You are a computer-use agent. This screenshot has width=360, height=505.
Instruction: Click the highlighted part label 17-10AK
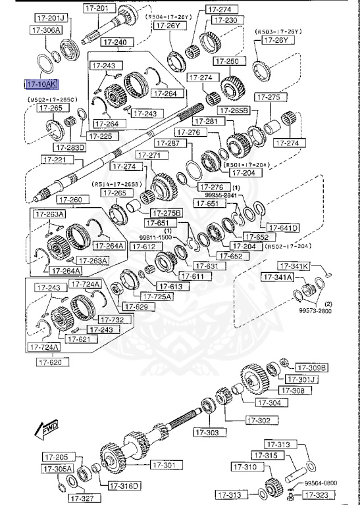click(x=41, y=84)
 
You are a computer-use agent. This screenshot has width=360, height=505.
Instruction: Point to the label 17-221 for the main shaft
click(x=55, y=159)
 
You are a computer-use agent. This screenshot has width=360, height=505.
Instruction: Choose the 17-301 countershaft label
click(x=166, y=465)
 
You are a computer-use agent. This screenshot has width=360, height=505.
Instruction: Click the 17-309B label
click(x=311, y=368)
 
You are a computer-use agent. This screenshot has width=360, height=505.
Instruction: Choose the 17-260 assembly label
click(x=70, y=199)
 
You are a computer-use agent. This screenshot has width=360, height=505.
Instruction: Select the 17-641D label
click(x=284, y=228)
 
